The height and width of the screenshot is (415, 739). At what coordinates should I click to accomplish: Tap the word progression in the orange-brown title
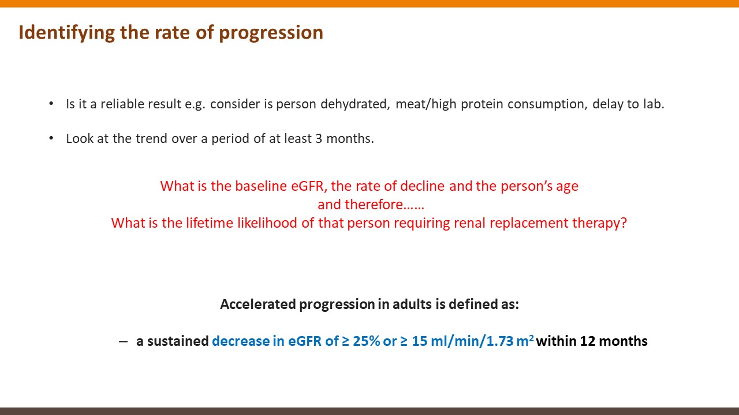pyautogui.click(x=271, y=33)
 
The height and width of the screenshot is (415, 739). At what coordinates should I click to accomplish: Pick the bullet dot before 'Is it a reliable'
pyautogui.click(x=51, y=104)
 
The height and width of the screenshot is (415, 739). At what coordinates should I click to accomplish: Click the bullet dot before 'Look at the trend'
pyautogui.click(x=51, y=138)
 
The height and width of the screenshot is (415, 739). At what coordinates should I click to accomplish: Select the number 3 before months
pyautogui.click(x=319, y=139)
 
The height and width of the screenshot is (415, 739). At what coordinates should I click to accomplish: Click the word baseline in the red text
pyautogui.click(x=261, y=186)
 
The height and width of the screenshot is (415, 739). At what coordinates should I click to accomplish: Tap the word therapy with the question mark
pyautogui.click(x=599, y=224)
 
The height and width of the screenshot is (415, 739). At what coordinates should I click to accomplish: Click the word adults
pyautogui.click(x=412, y=304)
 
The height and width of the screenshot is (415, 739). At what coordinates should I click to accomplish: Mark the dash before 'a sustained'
pyautogui.click(x=123, y=342)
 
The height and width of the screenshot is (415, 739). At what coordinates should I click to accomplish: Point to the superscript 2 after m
pyautogui.click(x=532, y=337)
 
